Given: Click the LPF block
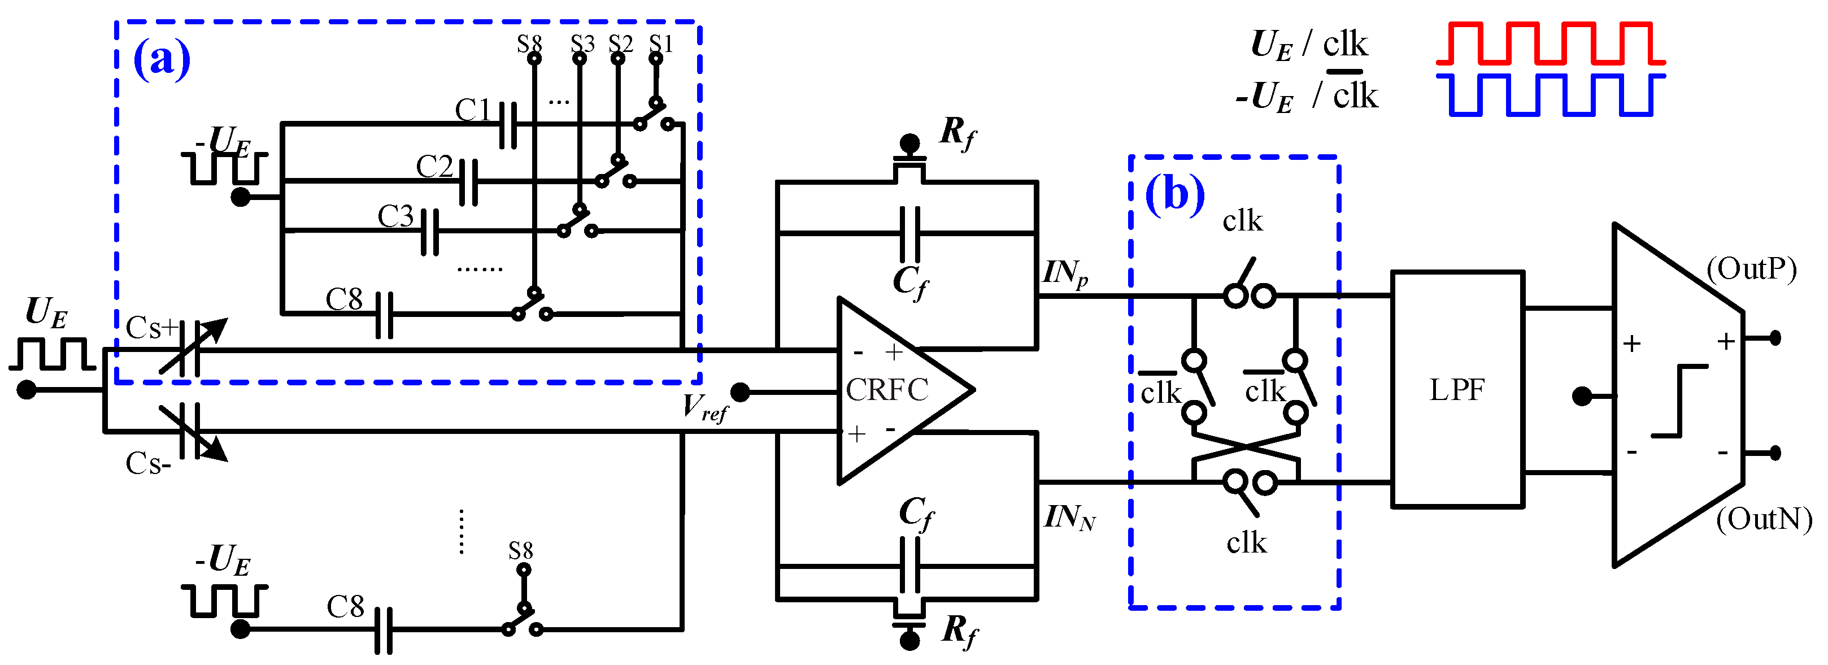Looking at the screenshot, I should [x=1457, y=389].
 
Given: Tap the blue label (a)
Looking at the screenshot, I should [x=162, y=58].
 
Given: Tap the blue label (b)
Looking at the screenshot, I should [x=1174, y=193].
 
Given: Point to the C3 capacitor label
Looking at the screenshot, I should [x=395, y=216].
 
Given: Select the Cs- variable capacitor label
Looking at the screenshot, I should [x=147, y=463].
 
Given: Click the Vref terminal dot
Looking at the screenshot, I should [x=739, y=392].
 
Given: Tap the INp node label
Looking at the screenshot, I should [x=1064, y=273].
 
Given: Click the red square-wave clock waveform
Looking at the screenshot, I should [x=1550, y=44].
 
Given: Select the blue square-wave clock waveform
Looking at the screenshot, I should [x=1550, y=94].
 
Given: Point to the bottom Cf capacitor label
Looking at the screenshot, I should [x=916, y=512].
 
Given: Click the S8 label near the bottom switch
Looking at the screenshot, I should [x=520, y=551].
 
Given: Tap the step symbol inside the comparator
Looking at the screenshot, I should [x=1679, y=401].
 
